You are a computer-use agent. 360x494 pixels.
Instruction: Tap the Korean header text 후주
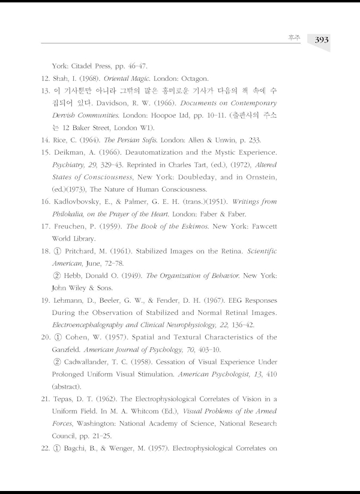[x=294, y=40]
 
